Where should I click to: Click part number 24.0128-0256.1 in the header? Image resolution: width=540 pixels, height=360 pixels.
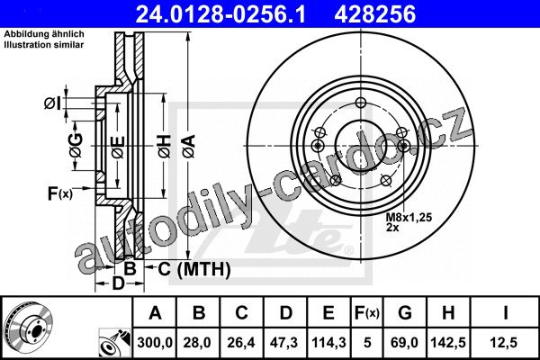220,14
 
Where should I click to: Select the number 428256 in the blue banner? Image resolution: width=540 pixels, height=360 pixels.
375,14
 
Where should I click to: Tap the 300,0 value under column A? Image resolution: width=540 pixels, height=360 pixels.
155,343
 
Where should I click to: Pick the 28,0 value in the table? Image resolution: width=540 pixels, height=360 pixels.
197,343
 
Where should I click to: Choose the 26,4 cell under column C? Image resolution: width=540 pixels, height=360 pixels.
241,343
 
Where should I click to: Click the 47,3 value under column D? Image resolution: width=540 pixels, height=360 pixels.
284,343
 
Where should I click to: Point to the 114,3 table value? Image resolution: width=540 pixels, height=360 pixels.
328,343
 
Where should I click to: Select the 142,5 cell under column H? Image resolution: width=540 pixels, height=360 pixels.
448,343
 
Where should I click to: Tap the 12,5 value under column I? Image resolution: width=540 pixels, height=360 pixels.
503,343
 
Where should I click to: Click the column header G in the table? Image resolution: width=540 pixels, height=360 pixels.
405,313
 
